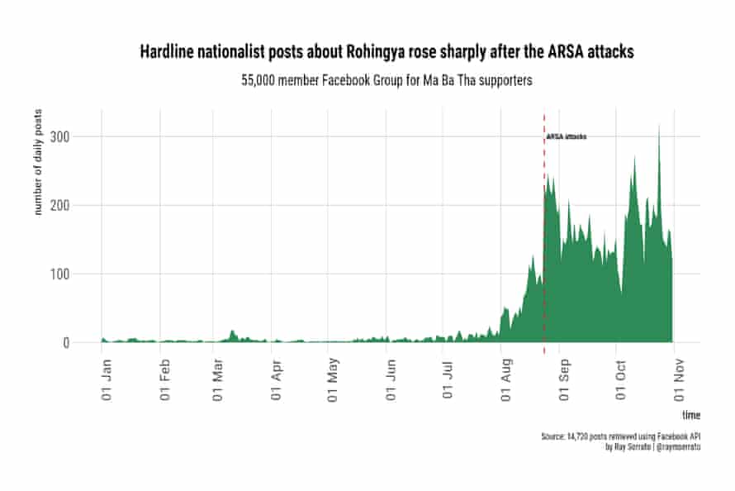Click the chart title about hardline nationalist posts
(x=386, y=52)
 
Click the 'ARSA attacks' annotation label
(x=567, y=136)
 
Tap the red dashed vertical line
(x=543, y=248)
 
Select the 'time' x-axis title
(x=691, y=413)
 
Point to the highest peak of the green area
(x=659, y=126)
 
